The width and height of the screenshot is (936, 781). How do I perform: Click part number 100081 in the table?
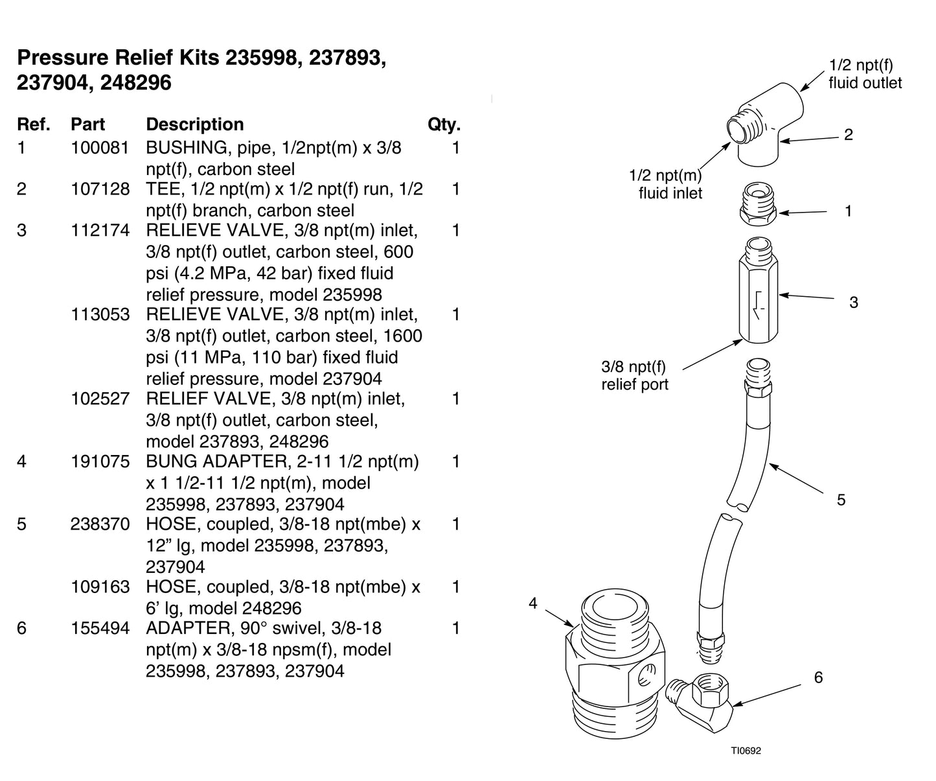click(x=100, y=148)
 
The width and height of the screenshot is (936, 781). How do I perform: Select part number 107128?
click(x=100, y=189)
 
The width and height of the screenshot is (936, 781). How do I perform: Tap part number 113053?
click(x=100, y=314)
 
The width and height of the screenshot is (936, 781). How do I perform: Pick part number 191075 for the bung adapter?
click(x=100, y=461)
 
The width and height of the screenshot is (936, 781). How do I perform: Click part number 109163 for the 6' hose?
click(x=100, y=587)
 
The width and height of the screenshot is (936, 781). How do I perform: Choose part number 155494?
click(x=100, y=628)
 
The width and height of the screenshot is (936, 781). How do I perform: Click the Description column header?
click(x=194, y=124)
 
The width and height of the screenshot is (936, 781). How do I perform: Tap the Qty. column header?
click(x=444, y=124)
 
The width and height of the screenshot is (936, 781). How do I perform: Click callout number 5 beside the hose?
click(x=841, y=500)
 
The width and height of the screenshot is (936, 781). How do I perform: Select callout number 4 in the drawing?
click(x=533, y=603)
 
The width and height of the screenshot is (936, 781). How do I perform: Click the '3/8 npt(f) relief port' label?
click(x=634, y=376)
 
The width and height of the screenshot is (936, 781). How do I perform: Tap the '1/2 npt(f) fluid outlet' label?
click(x=864, y=74)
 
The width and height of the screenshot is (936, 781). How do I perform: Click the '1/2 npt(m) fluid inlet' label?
click(x=668, y=184)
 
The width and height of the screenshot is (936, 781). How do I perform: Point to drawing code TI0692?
click(x=746, y=751)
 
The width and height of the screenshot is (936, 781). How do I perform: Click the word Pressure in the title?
click(x=62, y=58)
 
